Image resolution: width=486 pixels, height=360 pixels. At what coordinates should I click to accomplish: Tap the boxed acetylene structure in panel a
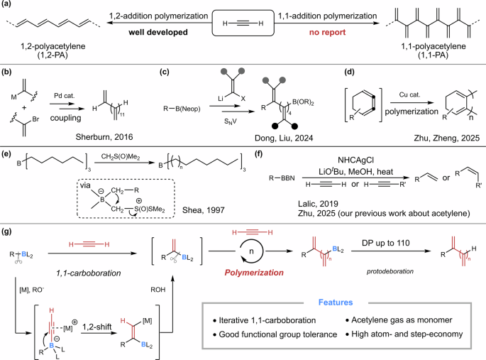[x=242, y=23]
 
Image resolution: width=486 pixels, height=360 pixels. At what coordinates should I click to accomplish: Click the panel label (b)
[x=8, y=72]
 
